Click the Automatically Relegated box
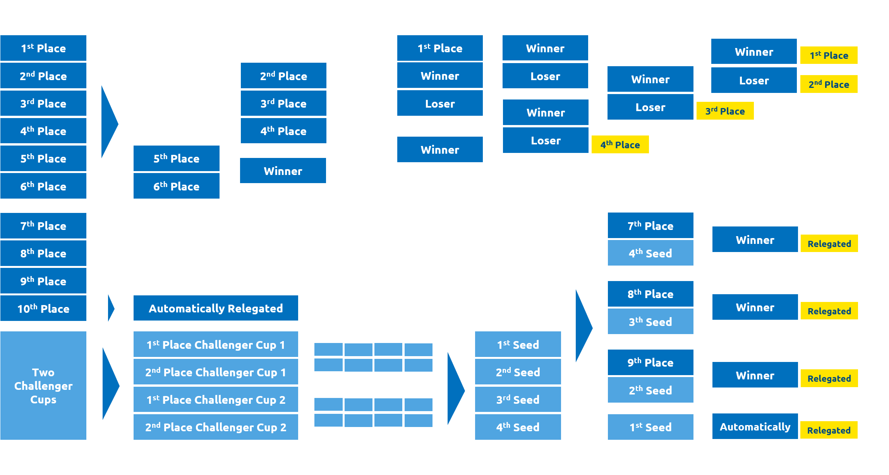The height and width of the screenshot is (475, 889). [216, 308]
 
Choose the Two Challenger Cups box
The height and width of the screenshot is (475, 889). [43, 386]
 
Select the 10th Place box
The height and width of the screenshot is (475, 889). [43, 309]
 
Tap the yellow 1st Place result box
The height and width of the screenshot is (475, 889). [829, 55]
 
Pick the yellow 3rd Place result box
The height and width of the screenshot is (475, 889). [725, 111]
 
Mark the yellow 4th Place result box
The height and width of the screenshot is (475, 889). [620, 145]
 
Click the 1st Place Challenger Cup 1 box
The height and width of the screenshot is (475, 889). [216, 345]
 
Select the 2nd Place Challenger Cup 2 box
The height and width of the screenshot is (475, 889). [216, 427]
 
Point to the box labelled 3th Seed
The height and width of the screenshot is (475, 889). [650, 321]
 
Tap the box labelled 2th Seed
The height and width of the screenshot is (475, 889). [650, 390]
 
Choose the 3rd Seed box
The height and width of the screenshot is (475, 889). [518, 400]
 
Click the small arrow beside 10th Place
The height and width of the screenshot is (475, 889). [111, 309]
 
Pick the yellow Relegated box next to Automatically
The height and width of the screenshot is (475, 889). [829, 430]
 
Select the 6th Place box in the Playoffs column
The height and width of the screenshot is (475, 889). [176, 186]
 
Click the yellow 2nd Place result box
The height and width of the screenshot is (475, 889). [829, 84]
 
